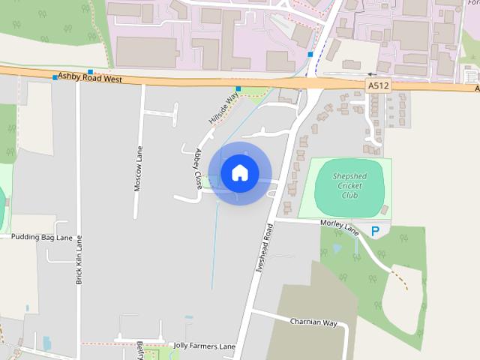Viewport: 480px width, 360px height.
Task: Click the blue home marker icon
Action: click(239, 172)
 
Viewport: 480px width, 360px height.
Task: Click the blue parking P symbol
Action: click(376, 232)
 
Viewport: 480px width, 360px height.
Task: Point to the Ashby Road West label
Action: click(90, 78)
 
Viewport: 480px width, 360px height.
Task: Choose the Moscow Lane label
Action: click(138, 169)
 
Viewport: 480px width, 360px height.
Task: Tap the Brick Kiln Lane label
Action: click(79, 259)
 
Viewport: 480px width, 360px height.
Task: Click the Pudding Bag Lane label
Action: click(41, 236)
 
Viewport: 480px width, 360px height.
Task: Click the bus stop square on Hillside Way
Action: click(238, 89)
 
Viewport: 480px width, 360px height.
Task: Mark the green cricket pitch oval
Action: click(349, 187)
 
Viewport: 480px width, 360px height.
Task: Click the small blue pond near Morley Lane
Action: click(337, 247)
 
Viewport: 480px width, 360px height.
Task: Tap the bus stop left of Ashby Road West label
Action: click(55, 76)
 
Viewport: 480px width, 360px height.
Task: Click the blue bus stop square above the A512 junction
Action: click(310, 55)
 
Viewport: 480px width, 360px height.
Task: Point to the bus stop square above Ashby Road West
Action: click(90, 71)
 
